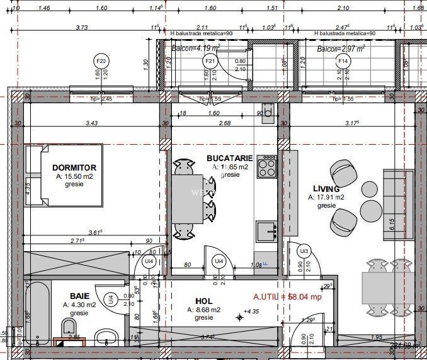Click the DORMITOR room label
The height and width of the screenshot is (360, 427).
74,168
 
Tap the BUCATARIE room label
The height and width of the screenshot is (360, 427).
230,159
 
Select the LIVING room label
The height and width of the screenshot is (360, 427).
326,189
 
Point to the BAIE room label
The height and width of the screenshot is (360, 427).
79,296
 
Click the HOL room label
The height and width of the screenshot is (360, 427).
204,301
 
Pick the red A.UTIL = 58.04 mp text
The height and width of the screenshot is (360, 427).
287,297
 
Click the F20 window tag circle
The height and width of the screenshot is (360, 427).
101,61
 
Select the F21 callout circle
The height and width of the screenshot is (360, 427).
211,61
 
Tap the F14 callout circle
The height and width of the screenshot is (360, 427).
343,61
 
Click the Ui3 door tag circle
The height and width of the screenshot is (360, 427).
304,251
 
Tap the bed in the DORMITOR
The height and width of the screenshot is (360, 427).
64,176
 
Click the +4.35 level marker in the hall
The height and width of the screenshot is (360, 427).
249,312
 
